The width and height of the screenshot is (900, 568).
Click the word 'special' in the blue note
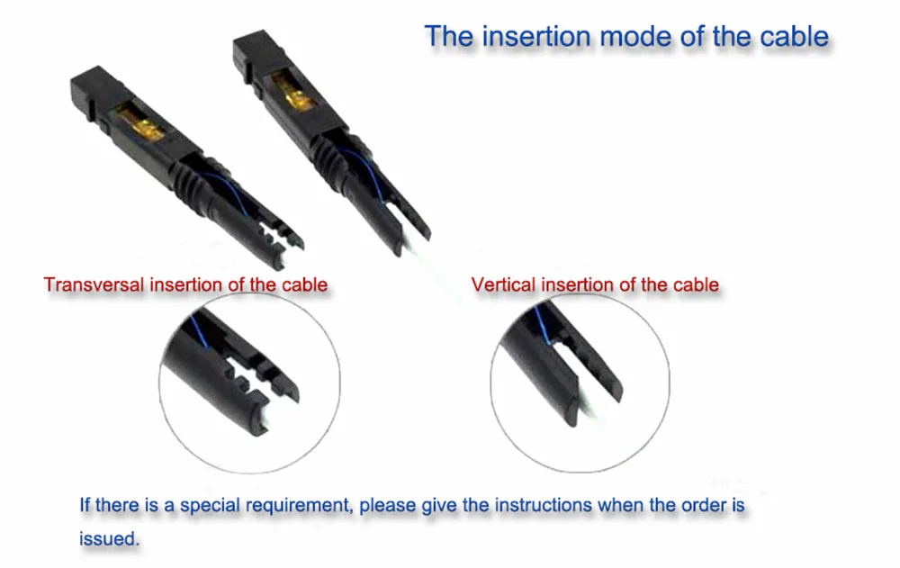(x=210, y=505)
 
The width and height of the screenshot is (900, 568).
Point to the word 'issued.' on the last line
(x=109, y=539)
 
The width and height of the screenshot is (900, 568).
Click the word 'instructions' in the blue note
(x=543, y=505)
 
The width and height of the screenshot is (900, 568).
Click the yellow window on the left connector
(x=140, y=122)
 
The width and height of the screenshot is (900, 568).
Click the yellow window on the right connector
(x=292, y=90)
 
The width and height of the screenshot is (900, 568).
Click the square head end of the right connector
(x=256, y=55)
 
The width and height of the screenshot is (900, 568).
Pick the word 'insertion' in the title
(x=536, y=37)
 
